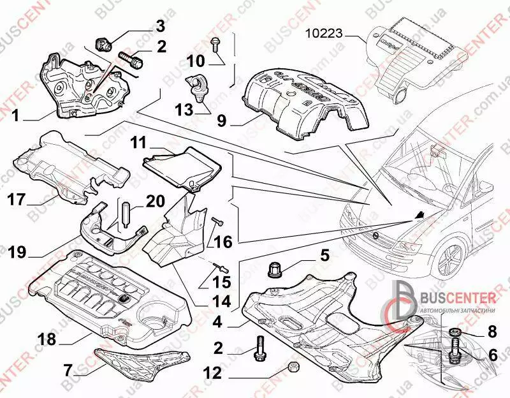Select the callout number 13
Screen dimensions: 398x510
[184, 110]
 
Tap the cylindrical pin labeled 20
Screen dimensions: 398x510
[125, 210]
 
